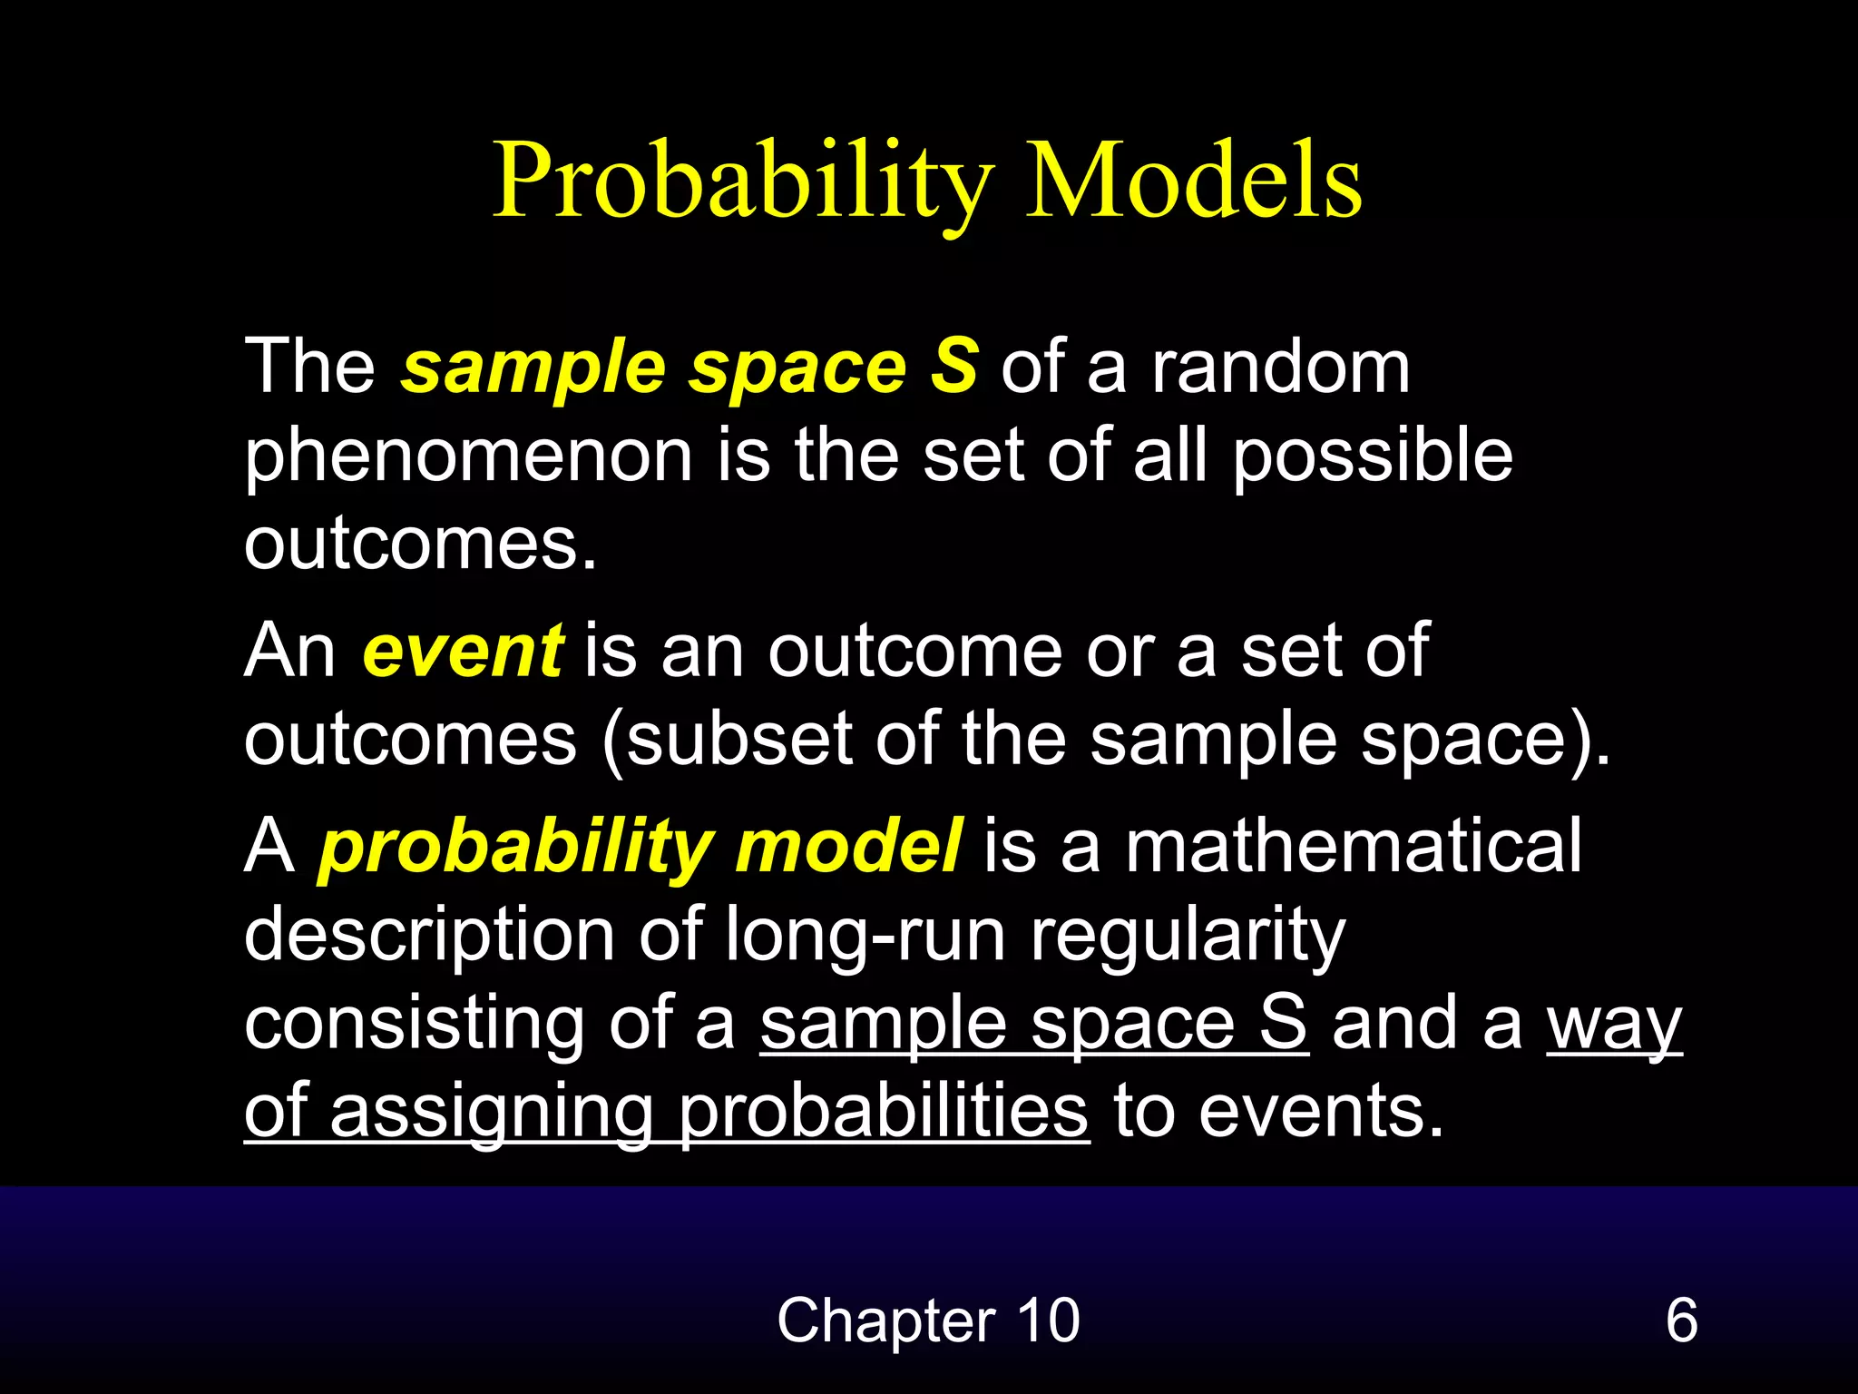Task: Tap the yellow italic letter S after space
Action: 954,366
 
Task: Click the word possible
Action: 1372,456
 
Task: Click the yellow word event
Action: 463,651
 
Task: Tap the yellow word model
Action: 848,846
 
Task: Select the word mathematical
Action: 1354,846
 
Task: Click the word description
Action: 430,936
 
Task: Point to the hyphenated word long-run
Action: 865,936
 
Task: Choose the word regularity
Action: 1188,936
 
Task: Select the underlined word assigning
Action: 491,1113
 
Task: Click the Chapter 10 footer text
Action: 928,1320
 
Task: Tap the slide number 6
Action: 1681,1320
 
